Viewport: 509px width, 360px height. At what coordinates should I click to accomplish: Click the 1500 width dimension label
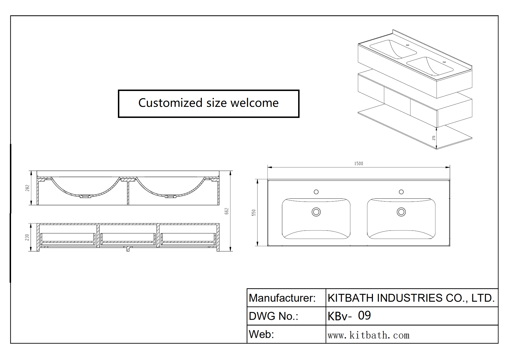[359, 164]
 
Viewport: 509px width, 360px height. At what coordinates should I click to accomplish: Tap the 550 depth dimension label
[254, 212]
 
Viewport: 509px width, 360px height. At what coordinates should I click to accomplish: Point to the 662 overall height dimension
[226, 211]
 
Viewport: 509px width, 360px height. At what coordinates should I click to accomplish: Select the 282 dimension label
[27, 188]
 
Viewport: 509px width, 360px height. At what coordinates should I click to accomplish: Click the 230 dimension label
[27, 237]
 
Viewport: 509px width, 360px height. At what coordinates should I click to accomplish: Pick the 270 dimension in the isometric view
[434, 138]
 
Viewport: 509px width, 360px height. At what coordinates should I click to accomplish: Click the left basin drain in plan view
[316, 212]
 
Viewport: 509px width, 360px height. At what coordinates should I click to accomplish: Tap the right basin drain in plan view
[401, 212]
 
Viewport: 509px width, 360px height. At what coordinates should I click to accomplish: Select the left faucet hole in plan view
[316, 192]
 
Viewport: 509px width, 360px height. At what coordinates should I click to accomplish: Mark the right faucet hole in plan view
[401, 192]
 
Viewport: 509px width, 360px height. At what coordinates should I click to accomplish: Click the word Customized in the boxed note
[170, 103]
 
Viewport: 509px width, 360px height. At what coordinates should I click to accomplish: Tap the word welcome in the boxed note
[255, 103]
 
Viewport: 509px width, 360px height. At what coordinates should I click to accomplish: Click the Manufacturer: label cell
[282, 298]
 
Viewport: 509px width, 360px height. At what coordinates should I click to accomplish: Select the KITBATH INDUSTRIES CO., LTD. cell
[411, 298]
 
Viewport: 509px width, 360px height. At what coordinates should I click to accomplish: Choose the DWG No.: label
[273, 316]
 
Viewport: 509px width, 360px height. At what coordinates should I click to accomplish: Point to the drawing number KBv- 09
[349, 316]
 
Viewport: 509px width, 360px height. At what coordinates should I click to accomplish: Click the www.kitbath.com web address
[368, 335]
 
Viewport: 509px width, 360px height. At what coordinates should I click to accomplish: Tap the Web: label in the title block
[261, 334]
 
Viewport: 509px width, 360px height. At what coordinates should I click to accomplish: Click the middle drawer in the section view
[128, 238]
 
